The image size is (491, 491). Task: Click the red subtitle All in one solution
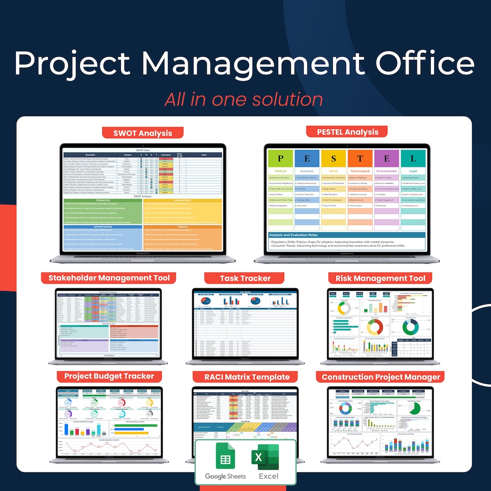point(244,99)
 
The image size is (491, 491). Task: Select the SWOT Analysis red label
point(142,133)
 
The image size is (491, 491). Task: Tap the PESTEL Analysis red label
point(348,132)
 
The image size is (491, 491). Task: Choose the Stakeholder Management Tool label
point(109,278)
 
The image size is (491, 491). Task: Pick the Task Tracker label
point(245,278)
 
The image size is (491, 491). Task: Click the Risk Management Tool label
point(380,278)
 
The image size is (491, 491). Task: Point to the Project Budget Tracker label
point(109,376)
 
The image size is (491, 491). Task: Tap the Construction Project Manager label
point(381,377)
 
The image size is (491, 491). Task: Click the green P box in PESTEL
point(280,158)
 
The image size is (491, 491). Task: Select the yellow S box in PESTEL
point(333,158)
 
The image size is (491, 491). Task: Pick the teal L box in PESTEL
point(413,158)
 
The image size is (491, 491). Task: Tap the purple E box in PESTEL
point(386,158)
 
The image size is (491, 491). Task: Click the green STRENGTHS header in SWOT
point(103,200)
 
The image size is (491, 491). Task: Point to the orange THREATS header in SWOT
point(183,226)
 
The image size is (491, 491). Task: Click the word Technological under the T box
point(360,171)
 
